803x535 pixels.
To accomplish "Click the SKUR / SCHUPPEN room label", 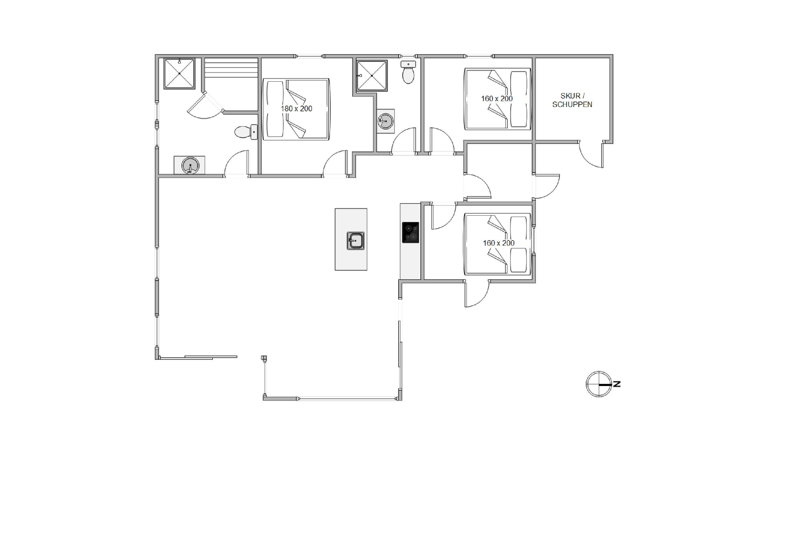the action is point(572,100).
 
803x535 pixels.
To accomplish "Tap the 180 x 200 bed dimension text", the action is point(296,109).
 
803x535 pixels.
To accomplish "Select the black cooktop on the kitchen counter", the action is point(410,232).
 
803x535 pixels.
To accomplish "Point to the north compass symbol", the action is point(599,384).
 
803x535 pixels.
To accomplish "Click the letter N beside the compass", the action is point(617,384).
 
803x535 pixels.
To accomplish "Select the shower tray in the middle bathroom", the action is point(372,76).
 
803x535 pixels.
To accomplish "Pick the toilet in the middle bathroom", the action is point(408,72).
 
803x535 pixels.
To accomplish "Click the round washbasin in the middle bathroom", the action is point(386,121).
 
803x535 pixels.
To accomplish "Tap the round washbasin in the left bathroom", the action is point(190,166).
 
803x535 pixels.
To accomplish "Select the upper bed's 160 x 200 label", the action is point(497,99).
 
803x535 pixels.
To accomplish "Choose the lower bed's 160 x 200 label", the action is point(498,243).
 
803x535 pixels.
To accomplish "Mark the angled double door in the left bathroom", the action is point(205,106).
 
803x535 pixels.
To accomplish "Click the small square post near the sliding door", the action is point(264,358).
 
